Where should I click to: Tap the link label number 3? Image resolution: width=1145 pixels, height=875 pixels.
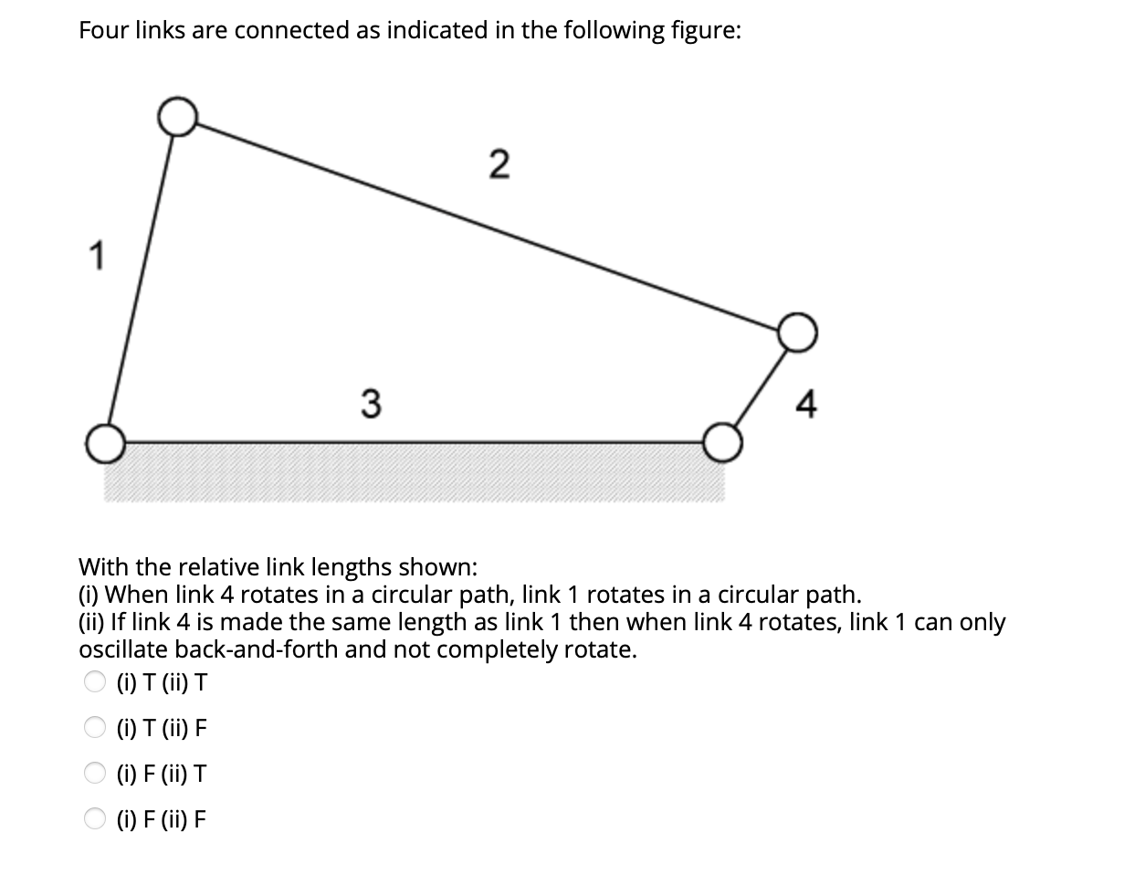coord(369,403)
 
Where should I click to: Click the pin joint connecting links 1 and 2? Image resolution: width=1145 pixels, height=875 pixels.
coord(177,116)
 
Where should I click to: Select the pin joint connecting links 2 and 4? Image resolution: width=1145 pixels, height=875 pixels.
coord(796,332)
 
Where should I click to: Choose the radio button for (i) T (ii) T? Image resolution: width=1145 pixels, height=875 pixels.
coord(95,681)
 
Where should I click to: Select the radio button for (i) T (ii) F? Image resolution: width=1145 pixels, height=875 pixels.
coord(95,728)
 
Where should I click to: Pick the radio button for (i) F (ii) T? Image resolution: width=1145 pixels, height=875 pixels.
coord(95,774)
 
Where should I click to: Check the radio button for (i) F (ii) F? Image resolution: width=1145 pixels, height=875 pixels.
coord(95,819)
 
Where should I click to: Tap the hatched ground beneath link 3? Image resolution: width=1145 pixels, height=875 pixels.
coord(411,475)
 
